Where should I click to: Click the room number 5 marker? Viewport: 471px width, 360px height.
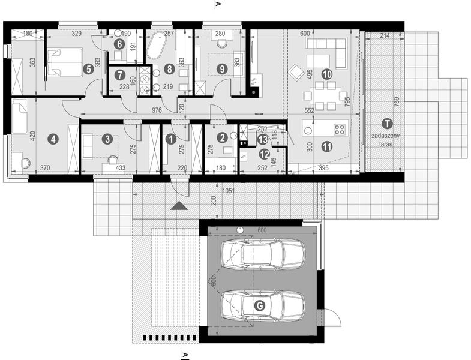[x=89, y=69]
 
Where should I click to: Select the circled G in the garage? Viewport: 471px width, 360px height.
[x=260, y=305]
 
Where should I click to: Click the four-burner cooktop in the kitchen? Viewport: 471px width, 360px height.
[x=340, y=128]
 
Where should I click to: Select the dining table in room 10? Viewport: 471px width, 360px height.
[x=324, y=95]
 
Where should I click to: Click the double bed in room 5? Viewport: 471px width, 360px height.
[x=64, y=62]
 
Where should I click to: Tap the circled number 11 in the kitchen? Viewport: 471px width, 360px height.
[x=327, y=145]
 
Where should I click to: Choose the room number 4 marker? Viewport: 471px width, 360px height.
[x=53, y=139]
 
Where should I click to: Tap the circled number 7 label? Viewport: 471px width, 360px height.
[x=120, y=76]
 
